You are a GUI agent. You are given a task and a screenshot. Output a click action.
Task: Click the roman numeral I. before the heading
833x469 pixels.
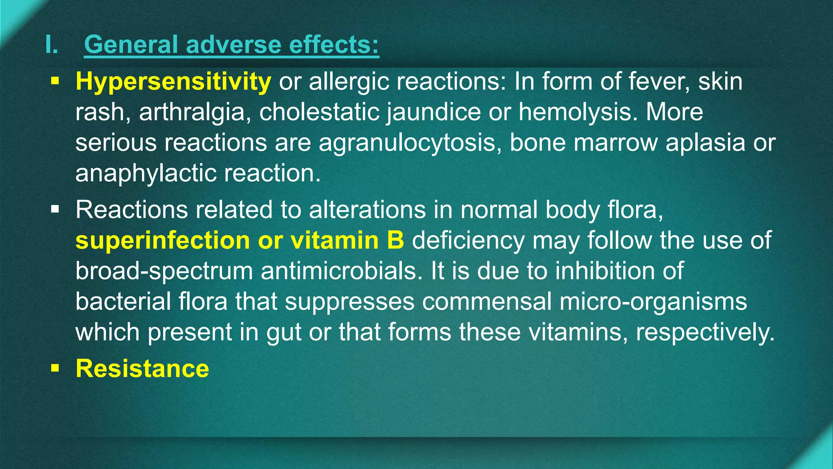pyautogui.click(x=52, y=44)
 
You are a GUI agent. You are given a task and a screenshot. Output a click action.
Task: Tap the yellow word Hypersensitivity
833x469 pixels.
pyautogui.click(x=173, y=81)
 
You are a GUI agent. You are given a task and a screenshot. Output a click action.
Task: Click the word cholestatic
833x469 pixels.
pyautogui.click(x=319, y=112)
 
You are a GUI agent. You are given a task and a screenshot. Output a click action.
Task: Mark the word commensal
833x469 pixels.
pyautogui.click(x=487, y=302)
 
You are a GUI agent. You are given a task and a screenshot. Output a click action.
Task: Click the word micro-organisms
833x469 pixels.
pyautogui.click(x=653, y=302)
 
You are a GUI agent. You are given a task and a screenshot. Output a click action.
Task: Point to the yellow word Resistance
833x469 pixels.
pyautogui.click(x=142, y=368)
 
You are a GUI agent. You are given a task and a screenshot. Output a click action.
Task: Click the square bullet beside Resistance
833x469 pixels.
pyautogui.click(x=55, y=368)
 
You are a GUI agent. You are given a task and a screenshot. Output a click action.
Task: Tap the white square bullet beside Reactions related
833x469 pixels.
pyautogui.click(x=55, y=210)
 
